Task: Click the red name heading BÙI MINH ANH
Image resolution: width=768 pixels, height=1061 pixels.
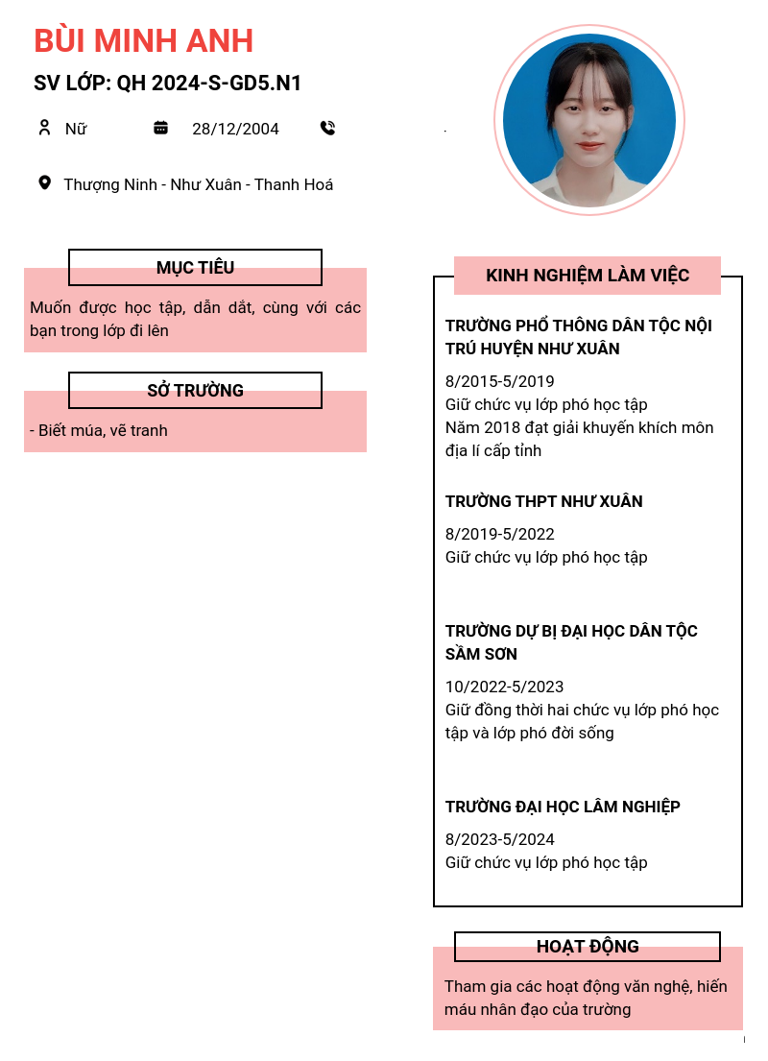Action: click(143, 40)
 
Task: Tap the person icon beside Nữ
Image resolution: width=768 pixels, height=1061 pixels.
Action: click(44, 128)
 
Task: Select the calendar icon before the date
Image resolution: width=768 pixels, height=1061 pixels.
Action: click(161, 128)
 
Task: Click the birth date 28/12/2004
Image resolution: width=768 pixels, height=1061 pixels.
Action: click(235, 129)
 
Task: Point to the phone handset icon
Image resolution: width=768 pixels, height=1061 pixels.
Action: click(327, 128)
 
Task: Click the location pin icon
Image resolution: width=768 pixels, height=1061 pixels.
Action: click(44, 182)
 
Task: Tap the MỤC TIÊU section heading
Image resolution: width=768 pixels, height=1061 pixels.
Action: click(195, 268)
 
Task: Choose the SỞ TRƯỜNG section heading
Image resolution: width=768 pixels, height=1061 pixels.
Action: click(195, 391)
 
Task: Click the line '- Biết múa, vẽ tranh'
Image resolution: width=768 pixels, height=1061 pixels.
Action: click(99, 430)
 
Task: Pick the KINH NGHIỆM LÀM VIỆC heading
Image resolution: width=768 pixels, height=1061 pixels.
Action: click(587, 276)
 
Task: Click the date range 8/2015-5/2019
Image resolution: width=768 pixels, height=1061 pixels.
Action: click(500, 381)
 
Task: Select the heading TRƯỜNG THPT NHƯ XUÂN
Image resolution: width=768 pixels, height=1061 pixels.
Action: click(543, 501)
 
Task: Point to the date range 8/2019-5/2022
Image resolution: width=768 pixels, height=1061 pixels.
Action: click(500, 534)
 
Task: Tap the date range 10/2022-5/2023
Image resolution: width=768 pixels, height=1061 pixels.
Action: click(505, 687)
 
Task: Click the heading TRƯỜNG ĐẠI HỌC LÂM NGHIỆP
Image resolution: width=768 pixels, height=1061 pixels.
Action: click(563, 807)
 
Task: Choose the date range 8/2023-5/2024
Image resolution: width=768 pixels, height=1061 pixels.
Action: click(500, 839)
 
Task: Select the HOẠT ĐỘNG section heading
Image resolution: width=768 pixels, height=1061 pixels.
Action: click(587, 947)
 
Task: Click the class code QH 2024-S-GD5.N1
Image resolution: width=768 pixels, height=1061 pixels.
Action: click(209, 84)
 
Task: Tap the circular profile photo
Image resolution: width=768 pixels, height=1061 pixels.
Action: click(589, 120)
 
